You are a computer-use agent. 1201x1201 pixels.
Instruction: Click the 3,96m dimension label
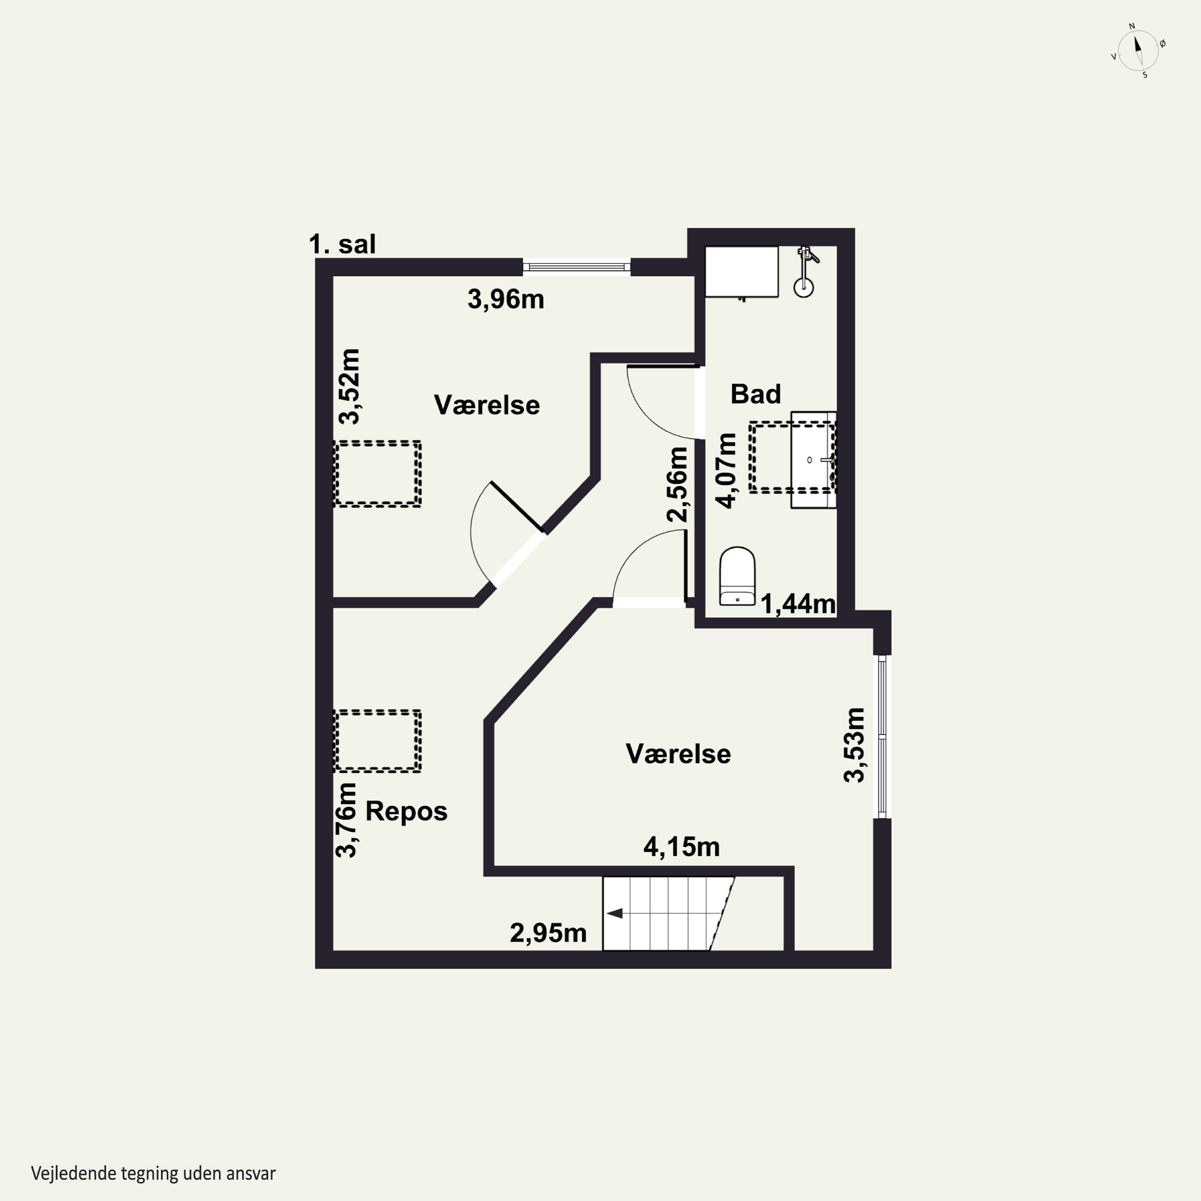(505, 299)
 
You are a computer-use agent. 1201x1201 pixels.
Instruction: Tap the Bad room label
(755, 394)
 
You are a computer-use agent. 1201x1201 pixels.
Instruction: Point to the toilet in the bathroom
(737, 576)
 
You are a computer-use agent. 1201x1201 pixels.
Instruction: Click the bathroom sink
(813, 460)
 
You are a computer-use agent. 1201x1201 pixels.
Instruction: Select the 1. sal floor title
(342, 244)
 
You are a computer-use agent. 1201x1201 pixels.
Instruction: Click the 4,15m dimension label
(681, 847)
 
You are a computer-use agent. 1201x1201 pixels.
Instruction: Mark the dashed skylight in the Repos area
(378, 741)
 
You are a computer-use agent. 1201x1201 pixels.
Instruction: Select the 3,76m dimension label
(346, 820)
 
